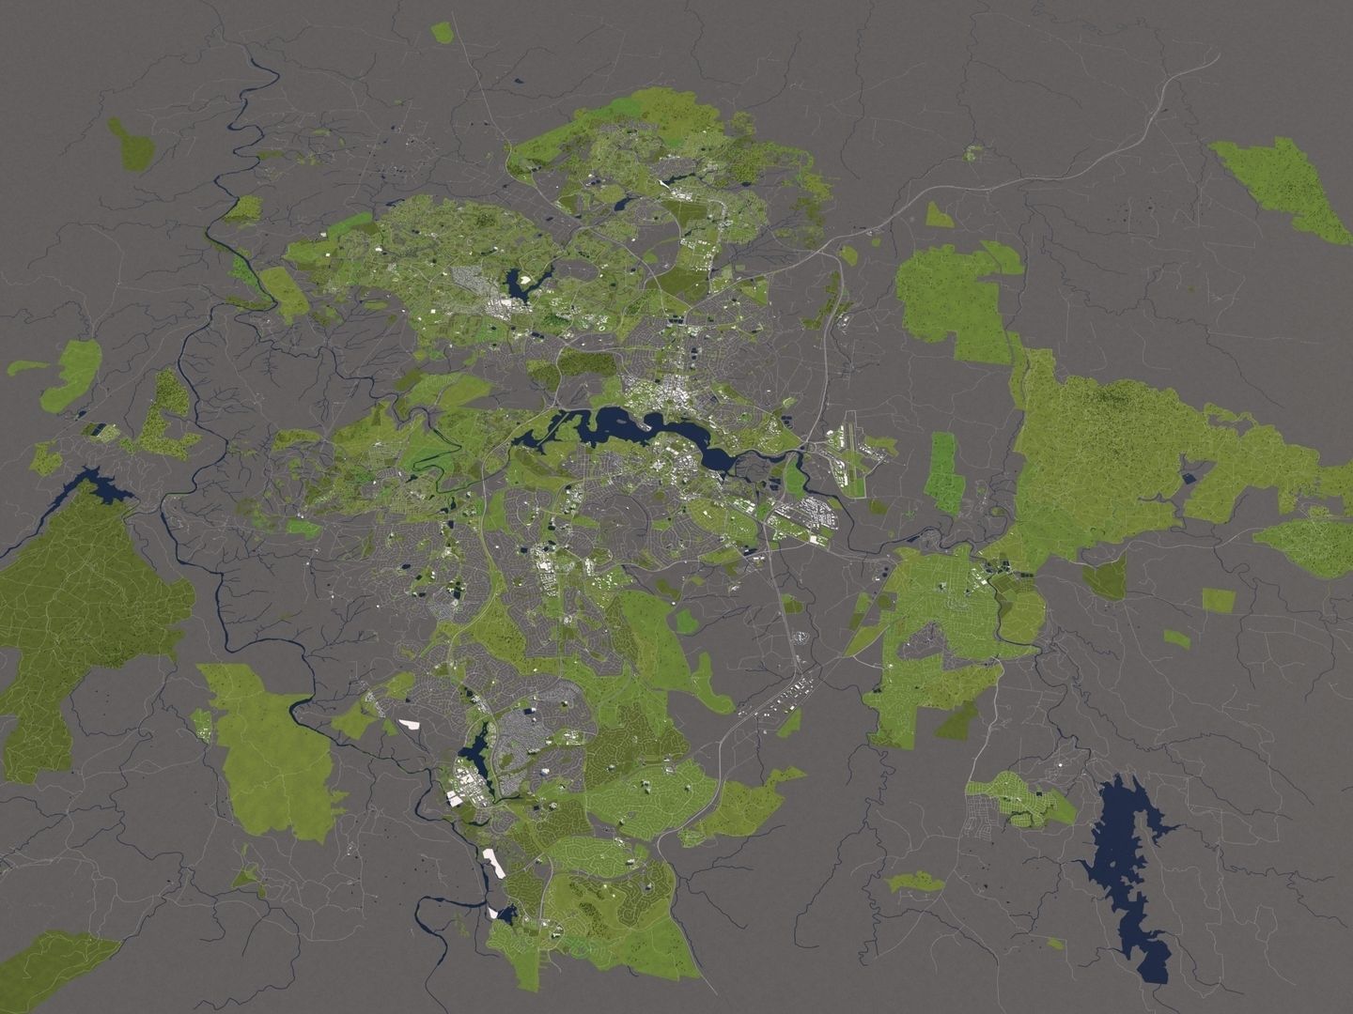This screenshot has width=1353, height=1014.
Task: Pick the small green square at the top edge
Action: (442, 32)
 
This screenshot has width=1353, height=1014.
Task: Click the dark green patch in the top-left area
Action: (132, 146)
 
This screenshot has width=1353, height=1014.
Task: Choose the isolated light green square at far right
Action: (1218, 599)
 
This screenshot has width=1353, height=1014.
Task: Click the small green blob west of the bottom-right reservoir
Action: (916, 882)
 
